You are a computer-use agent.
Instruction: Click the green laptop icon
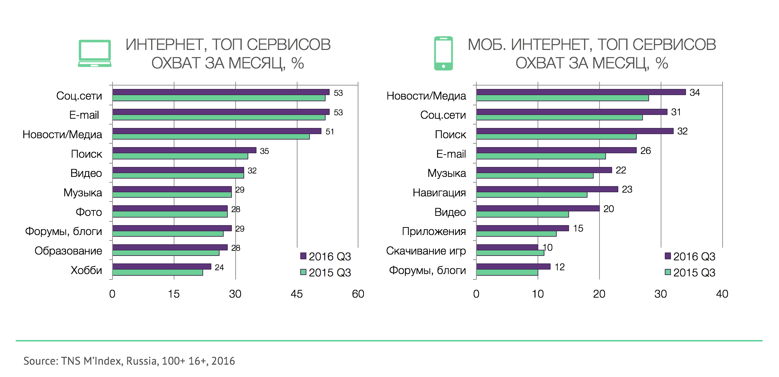point(95,53)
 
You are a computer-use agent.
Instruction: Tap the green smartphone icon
point(443,53)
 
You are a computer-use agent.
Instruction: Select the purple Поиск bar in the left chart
point(184,150)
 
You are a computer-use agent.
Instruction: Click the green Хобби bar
point(157,273)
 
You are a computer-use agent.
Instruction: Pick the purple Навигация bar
point(547,189)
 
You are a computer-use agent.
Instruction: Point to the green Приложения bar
point(516,234)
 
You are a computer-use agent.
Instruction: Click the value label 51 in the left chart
point(330,132)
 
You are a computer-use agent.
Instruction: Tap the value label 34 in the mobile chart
point(695,93)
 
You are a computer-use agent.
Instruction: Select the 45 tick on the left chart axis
point(296,294)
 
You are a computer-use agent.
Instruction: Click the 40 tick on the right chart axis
point(722,294)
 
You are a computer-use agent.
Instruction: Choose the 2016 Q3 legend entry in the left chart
point(326,257)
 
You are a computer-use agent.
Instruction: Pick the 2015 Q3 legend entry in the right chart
point(690,273)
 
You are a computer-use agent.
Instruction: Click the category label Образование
point(68,251)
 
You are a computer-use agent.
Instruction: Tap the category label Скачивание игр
point(426,251)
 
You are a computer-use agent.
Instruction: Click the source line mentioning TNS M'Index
point(129,361)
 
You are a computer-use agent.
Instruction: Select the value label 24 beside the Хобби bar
point(219,268)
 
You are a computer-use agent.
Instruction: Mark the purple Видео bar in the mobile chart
point(538,208)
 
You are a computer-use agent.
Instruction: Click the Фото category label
point(89,212)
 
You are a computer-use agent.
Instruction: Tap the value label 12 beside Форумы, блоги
point(559,267)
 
